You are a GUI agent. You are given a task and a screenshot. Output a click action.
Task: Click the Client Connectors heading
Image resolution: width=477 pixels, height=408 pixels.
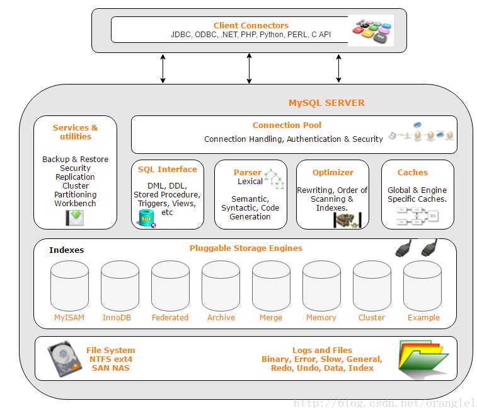click(x=251, y=26)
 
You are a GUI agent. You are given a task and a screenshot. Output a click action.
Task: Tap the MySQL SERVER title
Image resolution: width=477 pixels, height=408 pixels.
click(x=326, y=103)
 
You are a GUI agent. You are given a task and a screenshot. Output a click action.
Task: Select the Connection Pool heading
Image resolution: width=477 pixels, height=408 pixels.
click(x=287, y=125)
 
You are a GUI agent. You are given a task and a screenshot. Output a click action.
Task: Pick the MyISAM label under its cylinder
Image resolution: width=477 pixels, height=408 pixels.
click(x=69, y=317)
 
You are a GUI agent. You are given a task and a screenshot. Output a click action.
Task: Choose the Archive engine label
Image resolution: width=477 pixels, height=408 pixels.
click(x=221, y=317)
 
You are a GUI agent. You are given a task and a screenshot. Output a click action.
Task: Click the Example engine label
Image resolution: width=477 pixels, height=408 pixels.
click(x=423, y=317)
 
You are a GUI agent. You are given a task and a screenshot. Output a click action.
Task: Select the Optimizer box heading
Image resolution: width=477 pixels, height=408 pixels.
click(x=333, y=172)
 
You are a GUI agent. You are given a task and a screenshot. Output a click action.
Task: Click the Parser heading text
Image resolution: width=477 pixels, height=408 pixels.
click(x=247, y=172)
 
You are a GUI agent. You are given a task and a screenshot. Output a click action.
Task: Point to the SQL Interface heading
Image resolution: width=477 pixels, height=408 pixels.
click(x=168, y=169)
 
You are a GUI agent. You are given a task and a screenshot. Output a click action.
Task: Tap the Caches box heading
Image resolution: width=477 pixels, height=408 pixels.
click(x=412, y=172)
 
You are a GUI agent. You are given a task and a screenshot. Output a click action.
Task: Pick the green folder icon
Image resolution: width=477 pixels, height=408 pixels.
click(x=423, y=359)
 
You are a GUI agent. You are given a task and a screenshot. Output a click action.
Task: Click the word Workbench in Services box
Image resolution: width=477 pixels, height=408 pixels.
click(x=75, y=204)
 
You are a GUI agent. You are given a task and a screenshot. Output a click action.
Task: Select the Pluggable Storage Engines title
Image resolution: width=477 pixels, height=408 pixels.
click(x=246, y=248)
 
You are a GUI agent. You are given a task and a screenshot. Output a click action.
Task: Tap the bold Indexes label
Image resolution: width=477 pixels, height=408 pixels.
click(x=66, y=250)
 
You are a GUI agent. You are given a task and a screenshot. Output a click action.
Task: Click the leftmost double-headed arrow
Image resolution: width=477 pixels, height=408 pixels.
click(x=163, y=68)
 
